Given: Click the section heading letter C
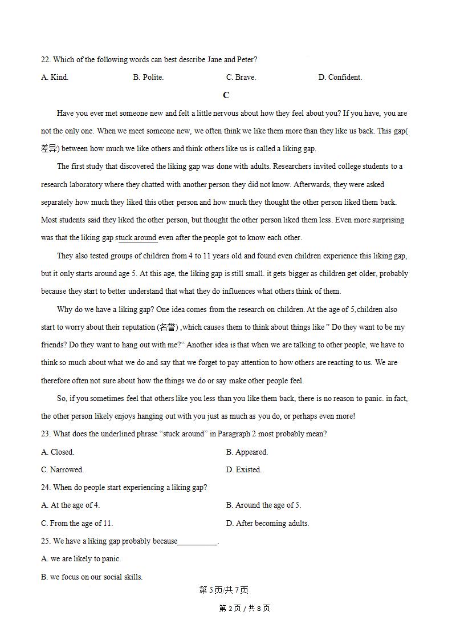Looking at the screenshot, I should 226,95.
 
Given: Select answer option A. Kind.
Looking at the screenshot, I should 55,78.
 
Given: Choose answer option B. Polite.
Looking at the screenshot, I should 148,78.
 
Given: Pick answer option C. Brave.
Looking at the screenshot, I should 241,78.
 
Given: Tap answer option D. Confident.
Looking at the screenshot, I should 340,78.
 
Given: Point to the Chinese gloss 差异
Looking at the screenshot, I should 50,149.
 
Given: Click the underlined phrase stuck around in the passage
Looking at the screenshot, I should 137,238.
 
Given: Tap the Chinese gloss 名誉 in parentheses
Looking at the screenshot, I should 168,327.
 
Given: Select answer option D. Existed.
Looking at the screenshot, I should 243,470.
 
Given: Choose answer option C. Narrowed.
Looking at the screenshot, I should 62,470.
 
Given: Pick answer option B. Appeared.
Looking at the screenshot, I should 247,452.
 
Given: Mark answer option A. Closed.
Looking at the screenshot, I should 58,452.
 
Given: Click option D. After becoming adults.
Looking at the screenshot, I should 267,524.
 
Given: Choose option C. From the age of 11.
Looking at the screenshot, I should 77,524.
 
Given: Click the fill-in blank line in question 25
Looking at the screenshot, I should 197,541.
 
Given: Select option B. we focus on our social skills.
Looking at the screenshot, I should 92,577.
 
